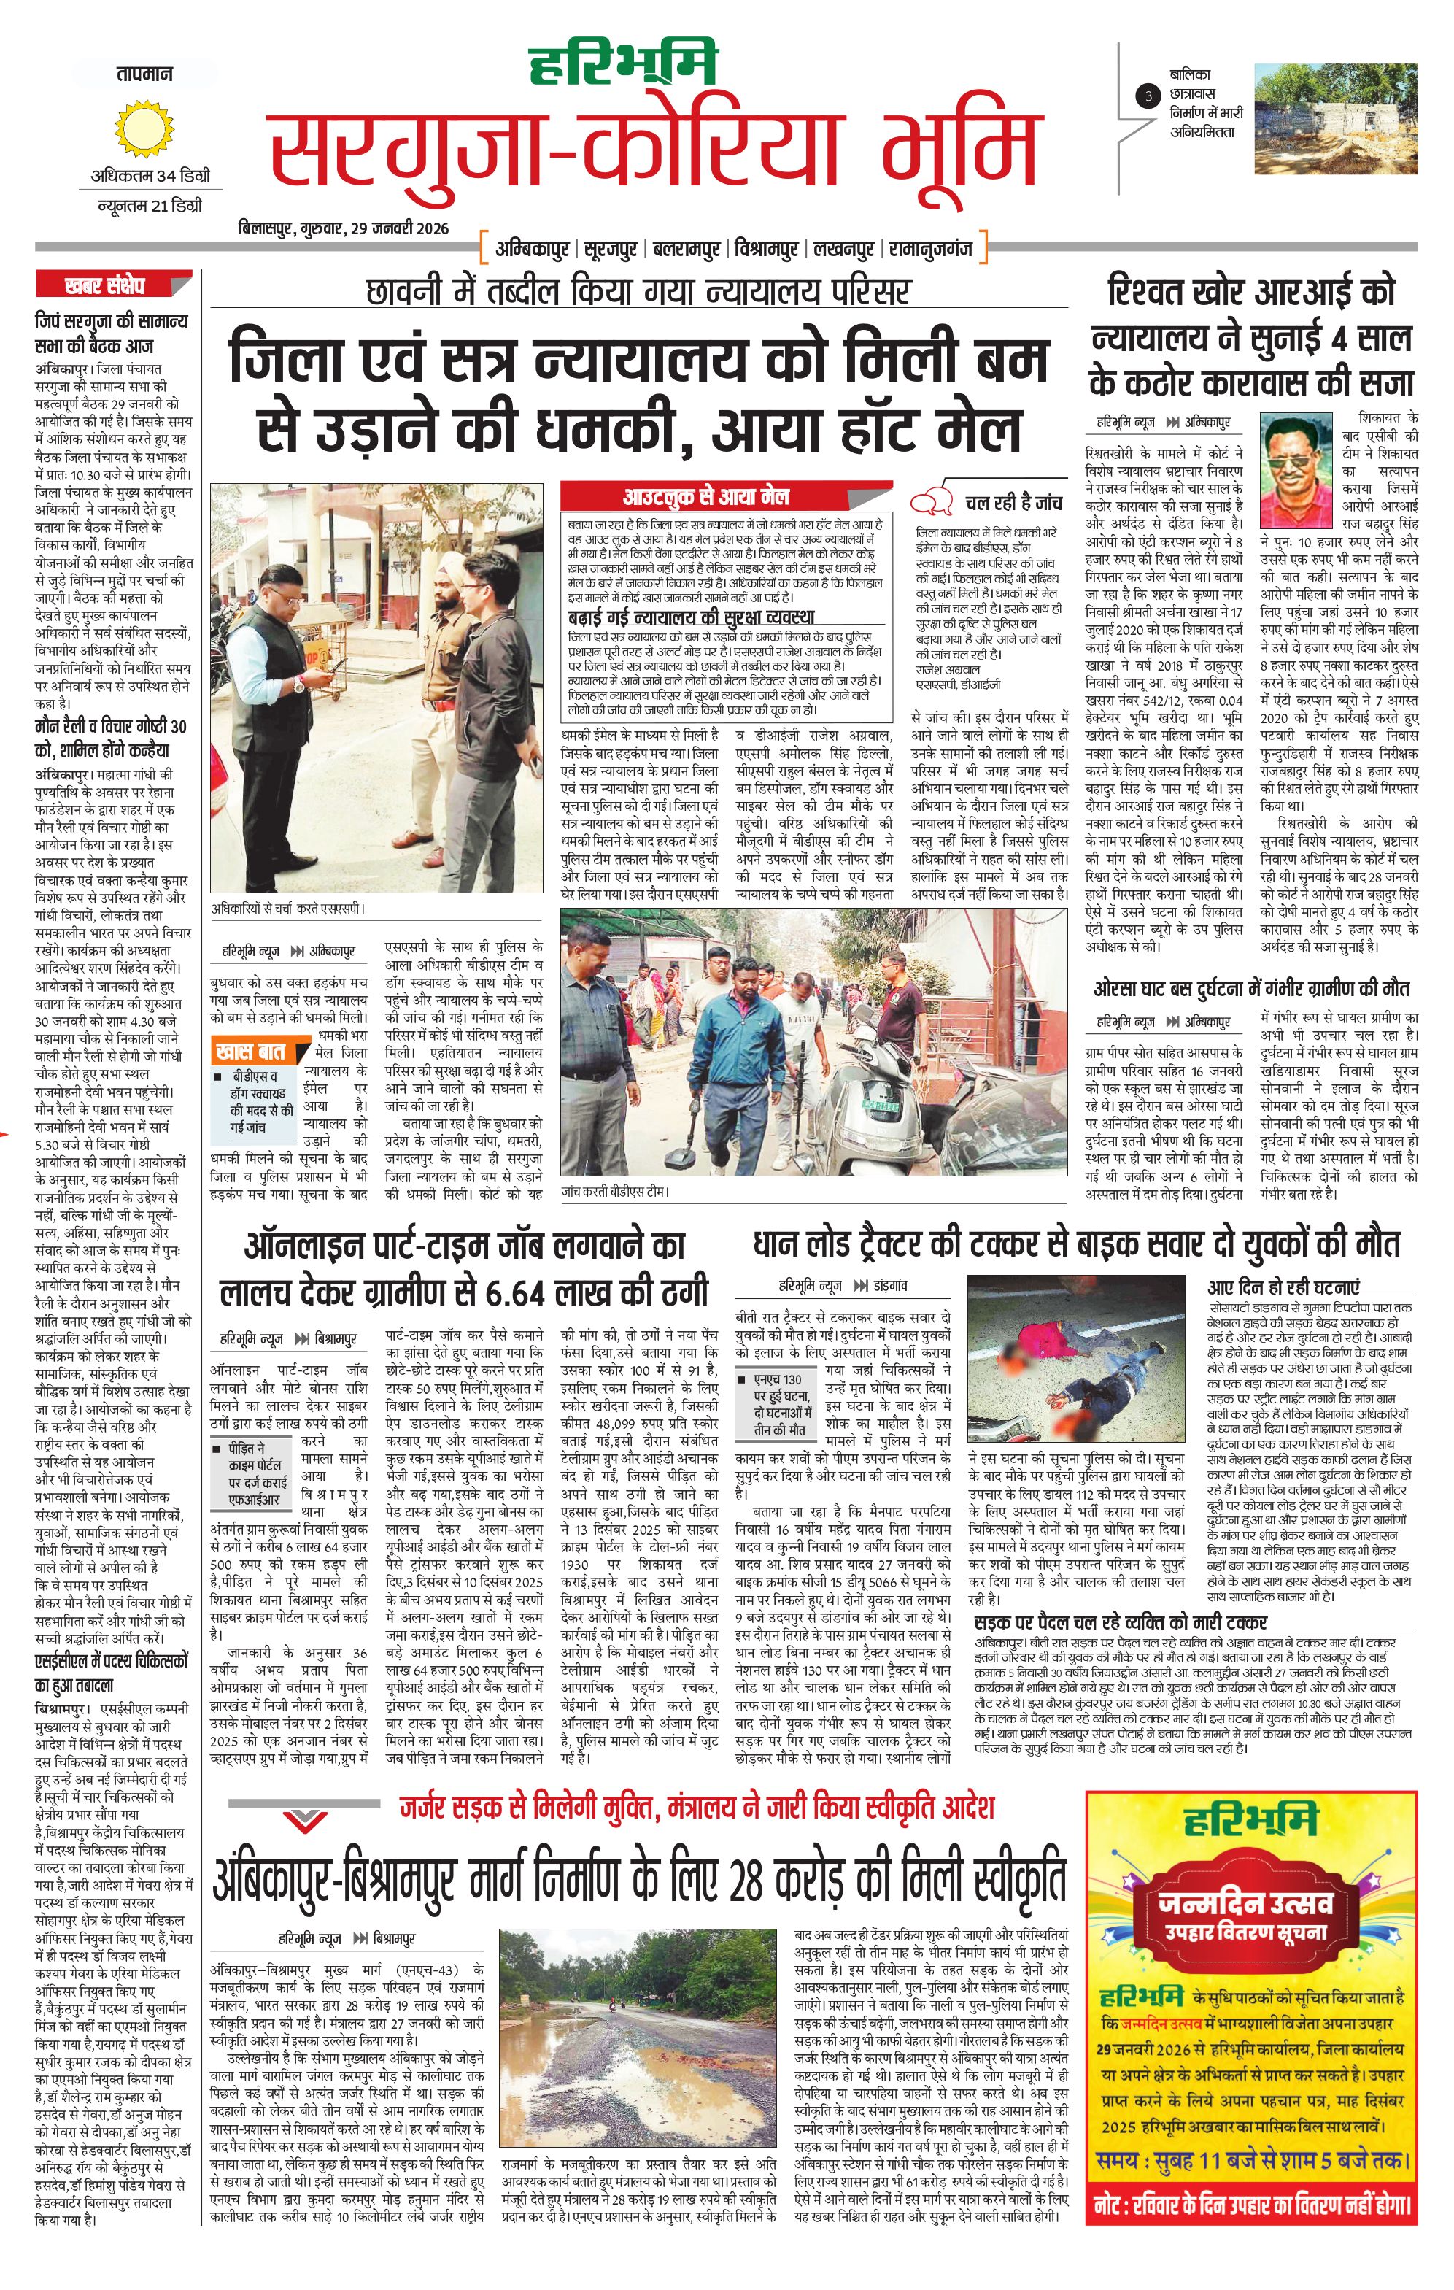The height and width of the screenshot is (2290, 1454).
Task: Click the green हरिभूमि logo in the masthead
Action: click(x=623, y=69)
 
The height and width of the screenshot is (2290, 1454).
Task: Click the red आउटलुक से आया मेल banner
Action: click(x=705, y=496)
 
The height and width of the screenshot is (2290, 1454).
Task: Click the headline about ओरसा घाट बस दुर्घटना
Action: click(x=1250, y=988)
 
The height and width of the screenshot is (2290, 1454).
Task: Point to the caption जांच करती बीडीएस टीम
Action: click(x=614, y=1192)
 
